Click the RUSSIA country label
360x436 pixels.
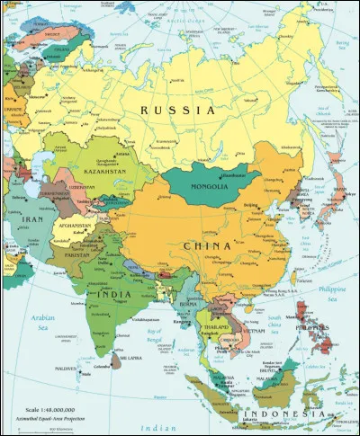pyautogui.click(x=176, y=109)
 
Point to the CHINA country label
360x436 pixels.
pyautogui.click(x=208, y=245)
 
